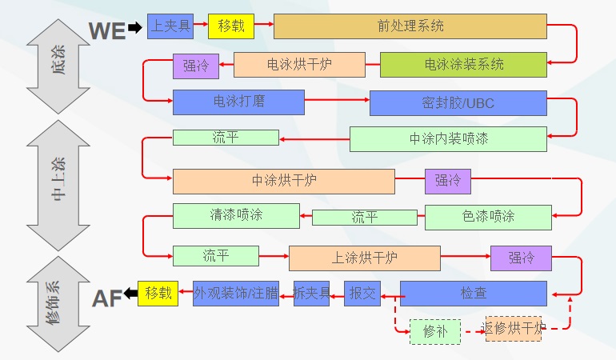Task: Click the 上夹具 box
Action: [x=170, y=26]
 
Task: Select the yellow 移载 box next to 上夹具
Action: [x=230, y=26]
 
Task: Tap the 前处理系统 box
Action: [x=410, y=26]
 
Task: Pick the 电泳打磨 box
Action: [x=238, y=102]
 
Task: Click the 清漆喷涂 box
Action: [x=236, y=215]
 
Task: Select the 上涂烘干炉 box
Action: [x=364, y=258]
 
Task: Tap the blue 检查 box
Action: [x=473, y=294]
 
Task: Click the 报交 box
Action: [x=362, y=294]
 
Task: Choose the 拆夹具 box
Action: [x=311, y=294]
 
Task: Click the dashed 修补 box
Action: [x=435, y=331]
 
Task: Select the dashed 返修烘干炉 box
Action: [x=514, y=328]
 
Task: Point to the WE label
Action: [x=106, y=31]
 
